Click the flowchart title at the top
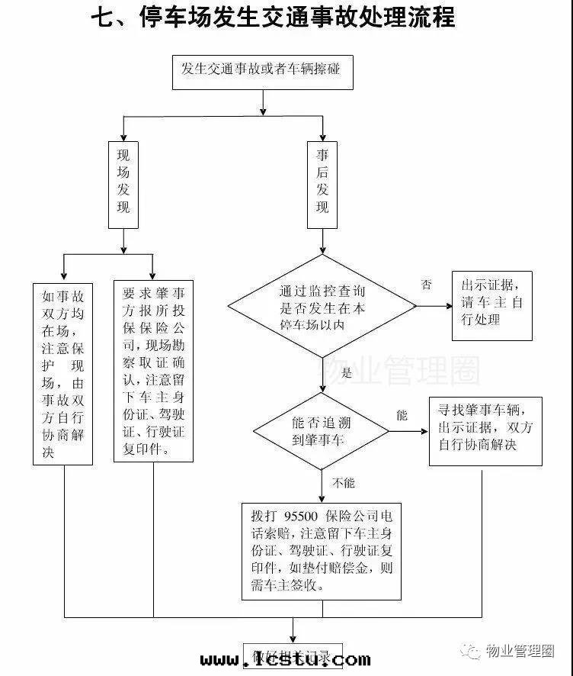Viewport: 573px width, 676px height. pos(272,16)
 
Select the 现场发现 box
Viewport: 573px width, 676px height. pos(123,185)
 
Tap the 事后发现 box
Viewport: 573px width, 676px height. pos(322,185)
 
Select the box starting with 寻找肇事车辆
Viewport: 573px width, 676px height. pos(485,430)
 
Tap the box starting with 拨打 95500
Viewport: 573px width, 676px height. pos(321,549)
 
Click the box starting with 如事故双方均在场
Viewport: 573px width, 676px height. pos(63,373)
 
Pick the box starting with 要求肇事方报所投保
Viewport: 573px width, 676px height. pos(153,371)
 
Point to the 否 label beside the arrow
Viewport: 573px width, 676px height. pos(427,285)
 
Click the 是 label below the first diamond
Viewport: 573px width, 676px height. pos(347,373)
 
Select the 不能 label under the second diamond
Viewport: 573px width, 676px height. pos(343,483)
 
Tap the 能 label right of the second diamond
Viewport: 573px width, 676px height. pos(402,416)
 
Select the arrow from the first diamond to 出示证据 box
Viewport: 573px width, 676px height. pos(434,307)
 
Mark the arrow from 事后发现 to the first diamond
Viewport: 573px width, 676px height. pos(322,241)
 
